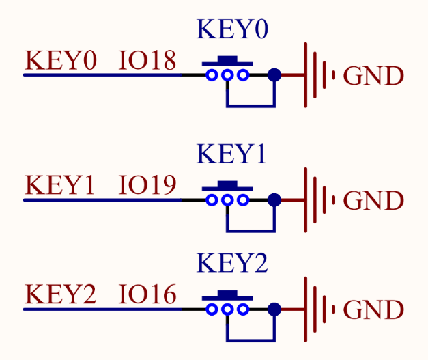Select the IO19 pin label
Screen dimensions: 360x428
click(147, 186)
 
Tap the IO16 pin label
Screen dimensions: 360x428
click(147, 295)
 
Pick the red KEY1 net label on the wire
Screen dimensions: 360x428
click(60, 186)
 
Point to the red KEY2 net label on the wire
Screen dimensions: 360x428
click(60, 295)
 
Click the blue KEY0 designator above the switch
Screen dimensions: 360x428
click(232, 30)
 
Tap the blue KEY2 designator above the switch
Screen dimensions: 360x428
click(232, 264)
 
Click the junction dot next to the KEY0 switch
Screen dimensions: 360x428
click(274, 74)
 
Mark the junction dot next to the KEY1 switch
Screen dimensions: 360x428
click(274, 199)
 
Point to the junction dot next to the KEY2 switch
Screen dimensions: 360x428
click(274, 309)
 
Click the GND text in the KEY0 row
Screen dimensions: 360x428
click(373, 76)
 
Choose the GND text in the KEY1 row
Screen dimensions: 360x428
click(373, 201)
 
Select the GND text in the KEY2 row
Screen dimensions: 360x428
click(373, 310)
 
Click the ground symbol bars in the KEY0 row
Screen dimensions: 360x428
click(318, 74)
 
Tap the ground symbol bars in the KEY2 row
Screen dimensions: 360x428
click(318, 309)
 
